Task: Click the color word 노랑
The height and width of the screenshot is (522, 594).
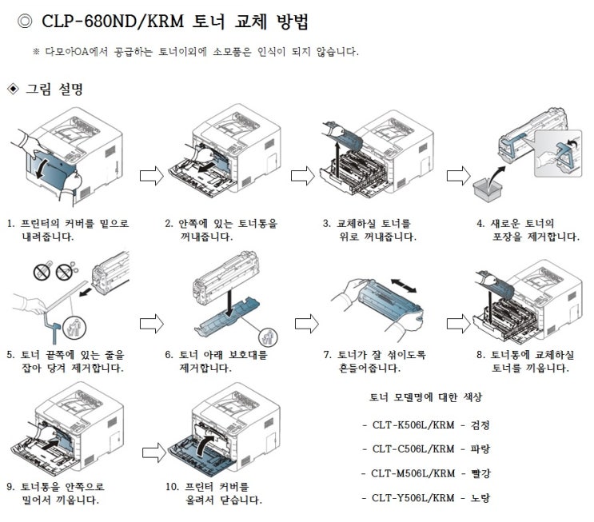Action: pos(480,497)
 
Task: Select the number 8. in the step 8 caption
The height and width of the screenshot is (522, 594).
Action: pos(479,355)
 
